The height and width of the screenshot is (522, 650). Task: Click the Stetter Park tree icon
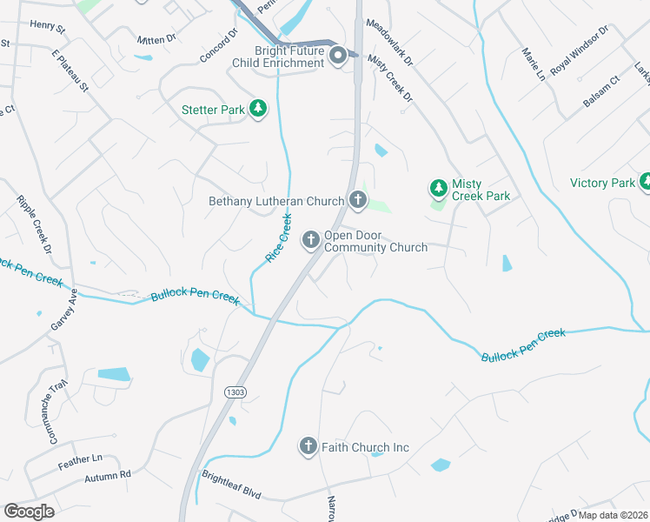click(258, 109)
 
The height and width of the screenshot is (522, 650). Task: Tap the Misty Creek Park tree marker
click(439, 188)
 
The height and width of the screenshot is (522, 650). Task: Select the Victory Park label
click(603, 183)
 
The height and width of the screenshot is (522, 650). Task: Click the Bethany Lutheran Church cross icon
click(357, 200)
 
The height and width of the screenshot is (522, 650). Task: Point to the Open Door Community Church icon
click(311, 239)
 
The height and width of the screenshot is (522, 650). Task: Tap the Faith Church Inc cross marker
click(308, 446)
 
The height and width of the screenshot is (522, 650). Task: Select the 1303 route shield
click(235, 392)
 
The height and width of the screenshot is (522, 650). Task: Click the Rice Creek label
click(278, 240)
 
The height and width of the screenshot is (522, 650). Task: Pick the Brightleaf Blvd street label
click(231, 485)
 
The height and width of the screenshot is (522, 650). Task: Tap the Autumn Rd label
click(107, 477)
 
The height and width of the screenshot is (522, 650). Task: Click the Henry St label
click(47, 27)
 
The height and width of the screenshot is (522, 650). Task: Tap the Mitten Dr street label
click(156, 40)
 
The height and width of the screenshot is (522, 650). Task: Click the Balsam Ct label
click(601, 90)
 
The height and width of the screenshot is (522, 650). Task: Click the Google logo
click(29, 512)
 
